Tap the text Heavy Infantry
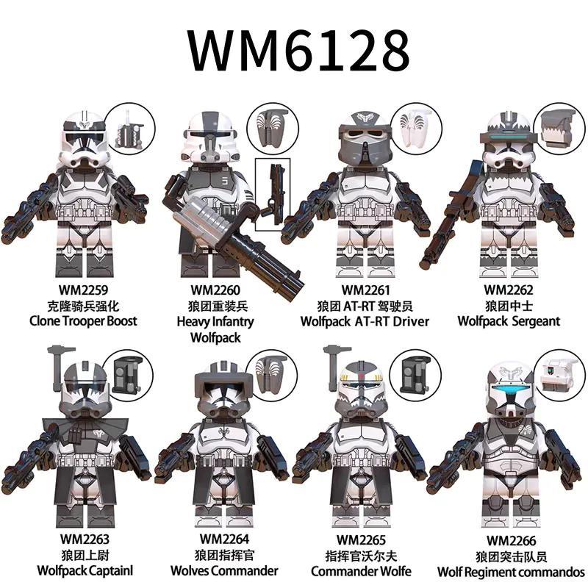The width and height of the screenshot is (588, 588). click(215, 321)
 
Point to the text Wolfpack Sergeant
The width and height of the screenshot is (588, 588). click(509, 321)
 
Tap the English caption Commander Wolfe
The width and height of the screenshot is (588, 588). click(361, 571)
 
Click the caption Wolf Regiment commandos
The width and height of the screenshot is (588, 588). click(512, 571)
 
